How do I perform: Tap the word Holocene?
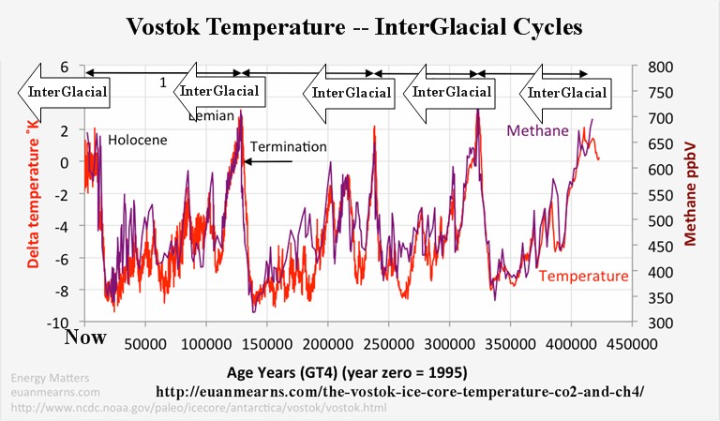coord(137,140)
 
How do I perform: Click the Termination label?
coord(288,146)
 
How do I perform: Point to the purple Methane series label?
coord(538,130)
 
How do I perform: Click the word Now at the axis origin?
coord(83,336)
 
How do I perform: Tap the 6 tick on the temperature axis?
coord(65,68)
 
